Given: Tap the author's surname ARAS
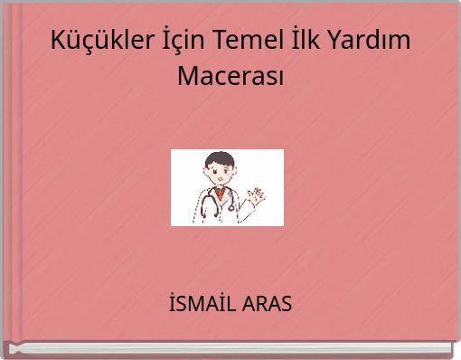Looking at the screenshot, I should point(267,304).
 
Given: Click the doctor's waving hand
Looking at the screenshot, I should point(258,194).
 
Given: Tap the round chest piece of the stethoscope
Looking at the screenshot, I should point(231,207).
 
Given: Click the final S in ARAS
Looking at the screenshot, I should point(286,304).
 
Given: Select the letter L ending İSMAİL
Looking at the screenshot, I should point(230,304).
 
